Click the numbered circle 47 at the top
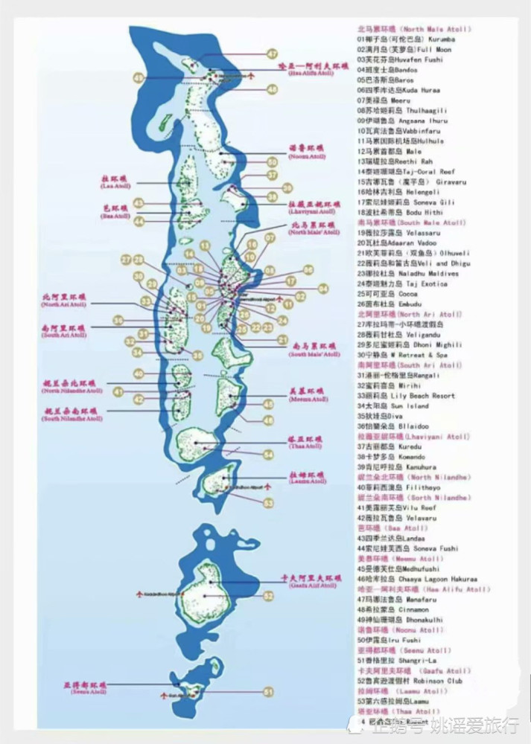(273, 54)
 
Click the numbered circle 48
(272, 89)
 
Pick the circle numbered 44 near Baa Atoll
(139, 221)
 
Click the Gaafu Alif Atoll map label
(309, 581)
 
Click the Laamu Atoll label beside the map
(308, 477)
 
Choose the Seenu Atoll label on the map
(87, 687)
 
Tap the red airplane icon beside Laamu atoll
(267, 484)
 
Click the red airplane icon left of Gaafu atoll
(139, 594)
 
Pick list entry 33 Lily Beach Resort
(406, 396)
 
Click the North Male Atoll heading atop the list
(414, 28)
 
